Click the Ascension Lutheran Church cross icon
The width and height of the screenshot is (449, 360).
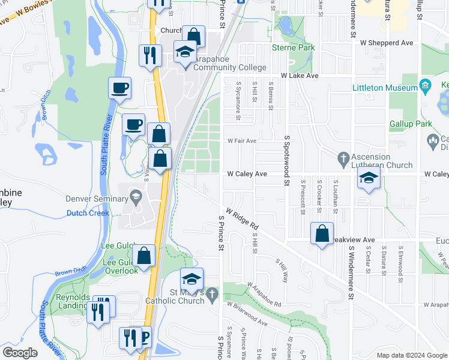343,158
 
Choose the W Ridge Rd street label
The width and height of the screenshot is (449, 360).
242,220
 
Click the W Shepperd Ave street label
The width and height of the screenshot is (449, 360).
387,43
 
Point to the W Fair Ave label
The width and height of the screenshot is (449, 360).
242,141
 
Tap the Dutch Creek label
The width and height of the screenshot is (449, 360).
88,213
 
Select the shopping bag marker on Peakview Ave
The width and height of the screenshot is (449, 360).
322,234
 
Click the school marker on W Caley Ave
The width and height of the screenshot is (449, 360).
369,178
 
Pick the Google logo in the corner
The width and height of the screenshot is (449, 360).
20,353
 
